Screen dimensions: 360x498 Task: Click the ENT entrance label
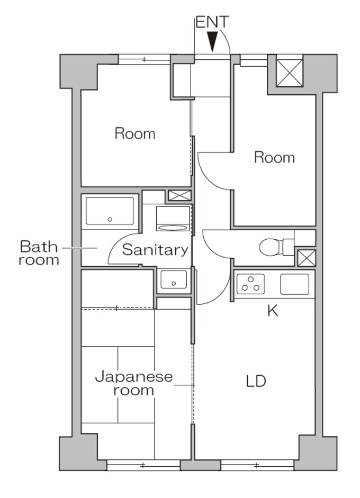point(212,22)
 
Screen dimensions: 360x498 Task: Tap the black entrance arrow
point(212,41)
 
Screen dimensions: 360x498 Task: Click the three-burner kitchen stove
point(251,284)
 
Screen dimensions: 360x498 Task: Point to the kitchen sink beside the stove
point(294,284)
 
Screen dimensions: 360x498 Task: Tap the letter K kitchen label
point(273,311)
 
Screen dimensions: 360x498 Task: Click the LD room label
point(256,381)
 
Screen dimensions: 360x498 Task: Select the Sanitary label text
point(155,250)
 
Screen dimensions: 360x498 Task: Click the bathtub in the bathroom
point(110,211)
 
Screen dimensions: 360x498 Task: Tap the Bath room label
point(39,253)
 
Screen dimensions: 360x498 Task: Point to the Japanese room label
point(134,384)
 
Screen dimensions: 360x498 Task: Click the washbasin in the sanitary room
point(173,218)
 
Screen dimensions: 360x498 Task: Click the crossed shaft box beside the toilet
point(307,258)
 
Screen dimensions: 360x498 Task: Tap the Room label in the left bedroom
point(135,134)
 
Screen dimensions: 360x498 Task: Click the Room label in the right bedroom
point(274,158)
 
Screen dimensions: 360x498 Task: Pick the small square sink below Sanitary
point(174,279)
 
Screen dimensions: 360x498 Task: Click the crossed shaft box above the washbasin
point(179,195)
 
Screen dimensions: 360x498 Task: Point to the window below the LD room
point(257,465)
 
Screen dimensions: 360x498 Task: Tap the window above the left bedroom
point(144,59)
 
